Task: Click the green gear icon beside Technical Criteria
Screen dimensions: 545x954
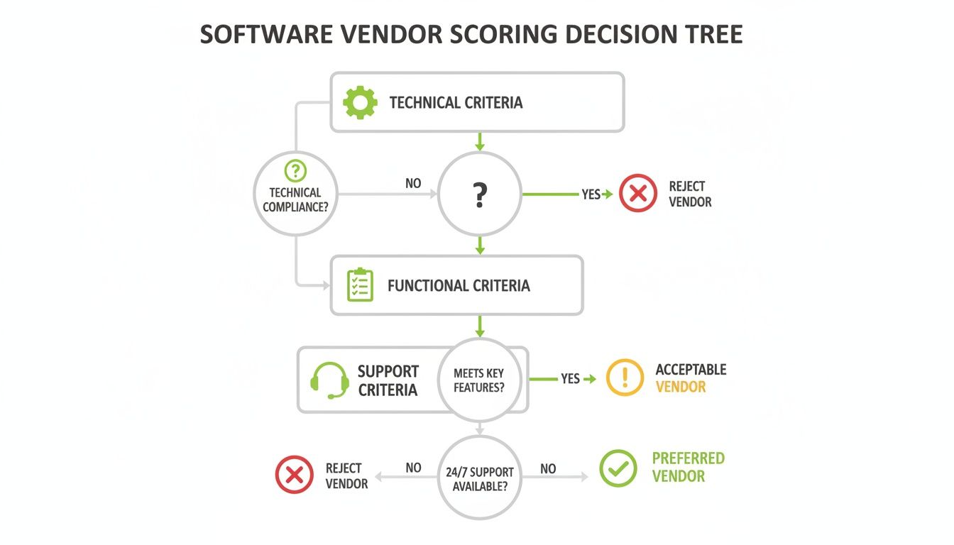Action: (x=360, y=103)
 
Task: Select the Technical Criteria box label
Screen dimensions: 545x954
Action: (x=456, y=103)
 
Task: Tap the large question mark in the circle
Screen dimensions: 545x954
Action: (x=480, y=194)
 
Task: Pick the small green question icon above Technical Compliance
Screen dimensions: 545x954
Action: (x=295, y=171)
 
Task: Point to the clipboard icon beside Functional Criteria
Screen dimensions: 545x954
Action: (x=360, y=285)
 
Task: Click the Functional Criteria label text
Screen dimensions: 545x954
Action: (x=459, y=286)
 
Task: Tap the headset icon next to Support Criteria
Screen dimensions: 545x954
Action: (x=329, y=381)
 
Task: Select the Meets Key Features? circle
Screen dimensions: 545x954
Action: (x=479, y=380)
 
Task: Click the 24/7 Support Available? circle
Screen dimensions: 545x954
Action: (x=479, y=478)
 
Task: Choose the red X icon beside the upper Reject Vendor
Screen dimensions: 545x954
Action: (x=637, y=193)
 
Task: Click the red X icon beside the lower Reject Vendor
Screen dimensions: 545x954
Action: (x=294, y=475)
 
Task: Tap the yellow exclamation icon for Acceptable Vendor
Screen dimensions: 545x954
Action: (x=625, y=378)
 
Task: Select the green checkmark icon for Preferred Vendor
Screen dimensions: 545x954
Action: (x=618, y=468)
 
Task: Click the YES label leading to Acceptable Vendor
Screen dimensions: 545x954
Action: (x=570, y=379)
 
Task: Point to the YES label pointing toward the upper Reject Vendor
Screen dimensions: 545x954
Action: (x=591, y=194)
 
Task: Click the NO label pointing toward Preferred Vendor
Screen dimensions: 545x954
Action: (x=548, y=468)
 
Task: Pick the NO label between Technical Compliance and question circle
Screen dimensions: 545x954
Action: (x=413, y=183)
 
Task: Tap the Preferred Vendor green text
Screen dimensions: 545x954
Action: (x=688, y=467)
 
